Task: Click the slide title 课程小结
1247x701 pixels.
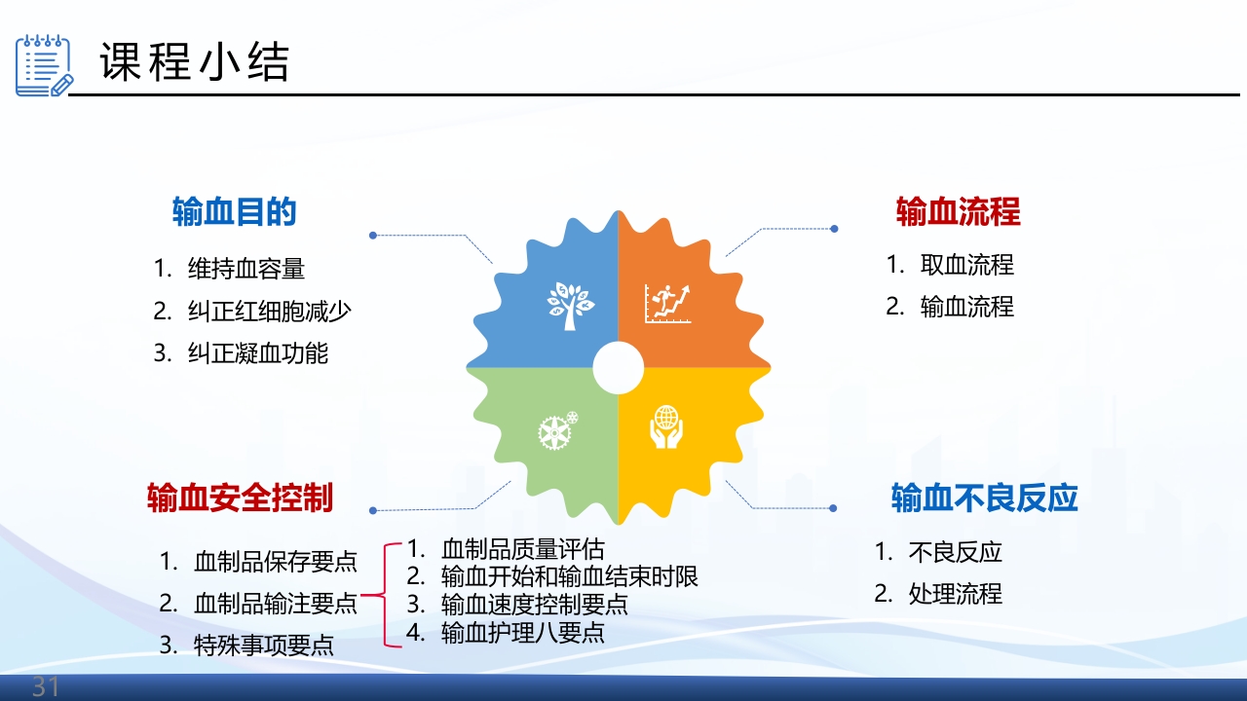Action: (x=194, y=63)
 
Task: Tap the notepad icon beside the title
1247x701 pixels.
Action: (x=43, y=65)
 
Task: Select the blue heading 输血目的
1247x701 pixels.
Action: (x=234, y=211)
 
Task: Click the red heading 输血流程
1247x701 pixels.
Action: (x=958, y=211)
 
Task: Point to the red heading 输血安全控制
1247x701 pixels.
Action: (x=240, y=498)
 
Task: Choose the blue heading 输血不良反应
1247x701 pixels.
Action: (x=984, y=498)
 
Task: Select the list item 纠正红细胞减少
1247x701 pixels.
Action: (x=269, y=312)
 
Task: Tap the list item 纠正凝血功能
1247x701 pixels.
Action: (x=257, y=353)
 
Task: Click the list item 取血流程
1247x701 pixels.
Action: (x=966, y=265)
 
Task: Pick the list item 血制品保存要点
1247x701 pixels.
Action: (x=276, y=562)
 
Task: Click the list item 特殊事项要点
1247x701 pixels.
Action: (x=263, y=645)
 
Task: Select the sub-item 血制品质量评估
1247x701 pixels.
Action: (x=522, y=548)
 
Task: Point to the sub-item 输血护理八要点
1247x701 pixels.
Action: (x=522, y=633)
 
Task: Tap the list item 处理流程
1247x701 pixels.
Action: (x=955, y=594)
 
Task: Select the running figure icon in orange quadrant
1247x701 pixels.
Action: (x=667, y=303)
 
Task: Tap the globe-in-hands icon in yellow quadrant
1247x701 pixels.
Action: (x=666, y=427)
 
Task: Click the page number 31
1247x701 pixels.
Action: (x=46, y=687)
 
